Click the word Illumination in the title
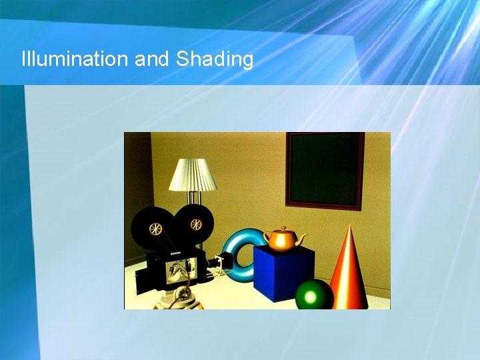point(75,59)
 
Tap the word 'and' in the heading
point(152,59)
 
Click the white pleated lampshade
point(193,175)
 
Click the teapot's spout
point(302,238)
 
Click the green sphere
point(315,295)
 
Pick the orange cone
point(348,273)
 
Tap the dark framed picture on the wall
point(325,170)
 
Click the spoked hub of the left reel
point(155,229)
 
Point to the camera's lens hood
point(222,264)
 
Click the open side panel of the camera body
point(181,270)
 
